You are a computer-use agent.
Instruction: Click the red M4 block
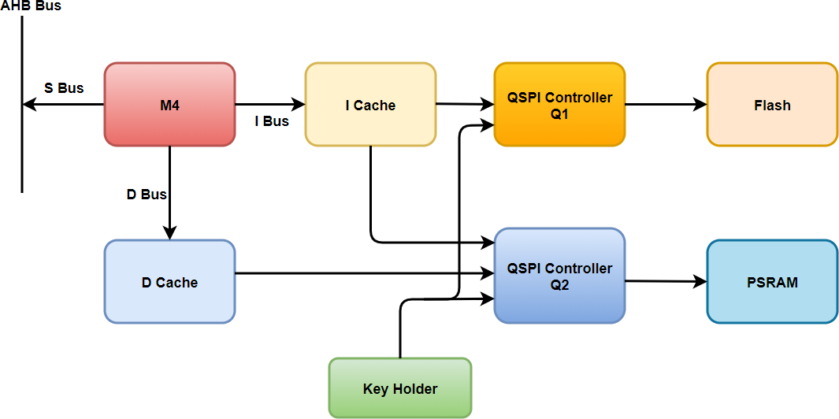169,105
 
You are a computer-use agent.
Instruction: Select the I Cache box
370,105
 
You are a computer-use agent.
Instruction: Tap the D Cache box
169,282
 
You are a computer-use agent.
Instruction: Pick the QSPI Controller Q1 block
559,105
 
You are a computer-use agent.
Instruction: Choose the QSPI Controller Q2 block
559,276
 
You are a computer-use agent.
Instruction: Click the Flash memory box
772,105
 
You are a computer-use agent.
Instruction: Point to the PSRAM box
772,282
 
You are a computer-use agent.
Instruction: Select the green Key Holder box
400,388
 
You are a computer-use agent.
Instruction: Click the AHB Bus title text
31,6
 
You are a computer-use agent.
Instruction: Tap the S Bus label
64,88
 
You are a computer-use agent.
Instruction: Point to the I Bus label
271,121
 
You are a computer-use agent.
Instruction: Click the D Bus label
147,195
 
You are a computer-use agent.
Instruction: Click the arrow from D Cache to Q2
362,274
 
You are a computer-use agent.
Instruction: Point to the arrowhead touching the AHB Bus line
29,104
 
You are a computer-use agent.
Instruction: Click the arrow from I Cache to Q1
465,103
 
